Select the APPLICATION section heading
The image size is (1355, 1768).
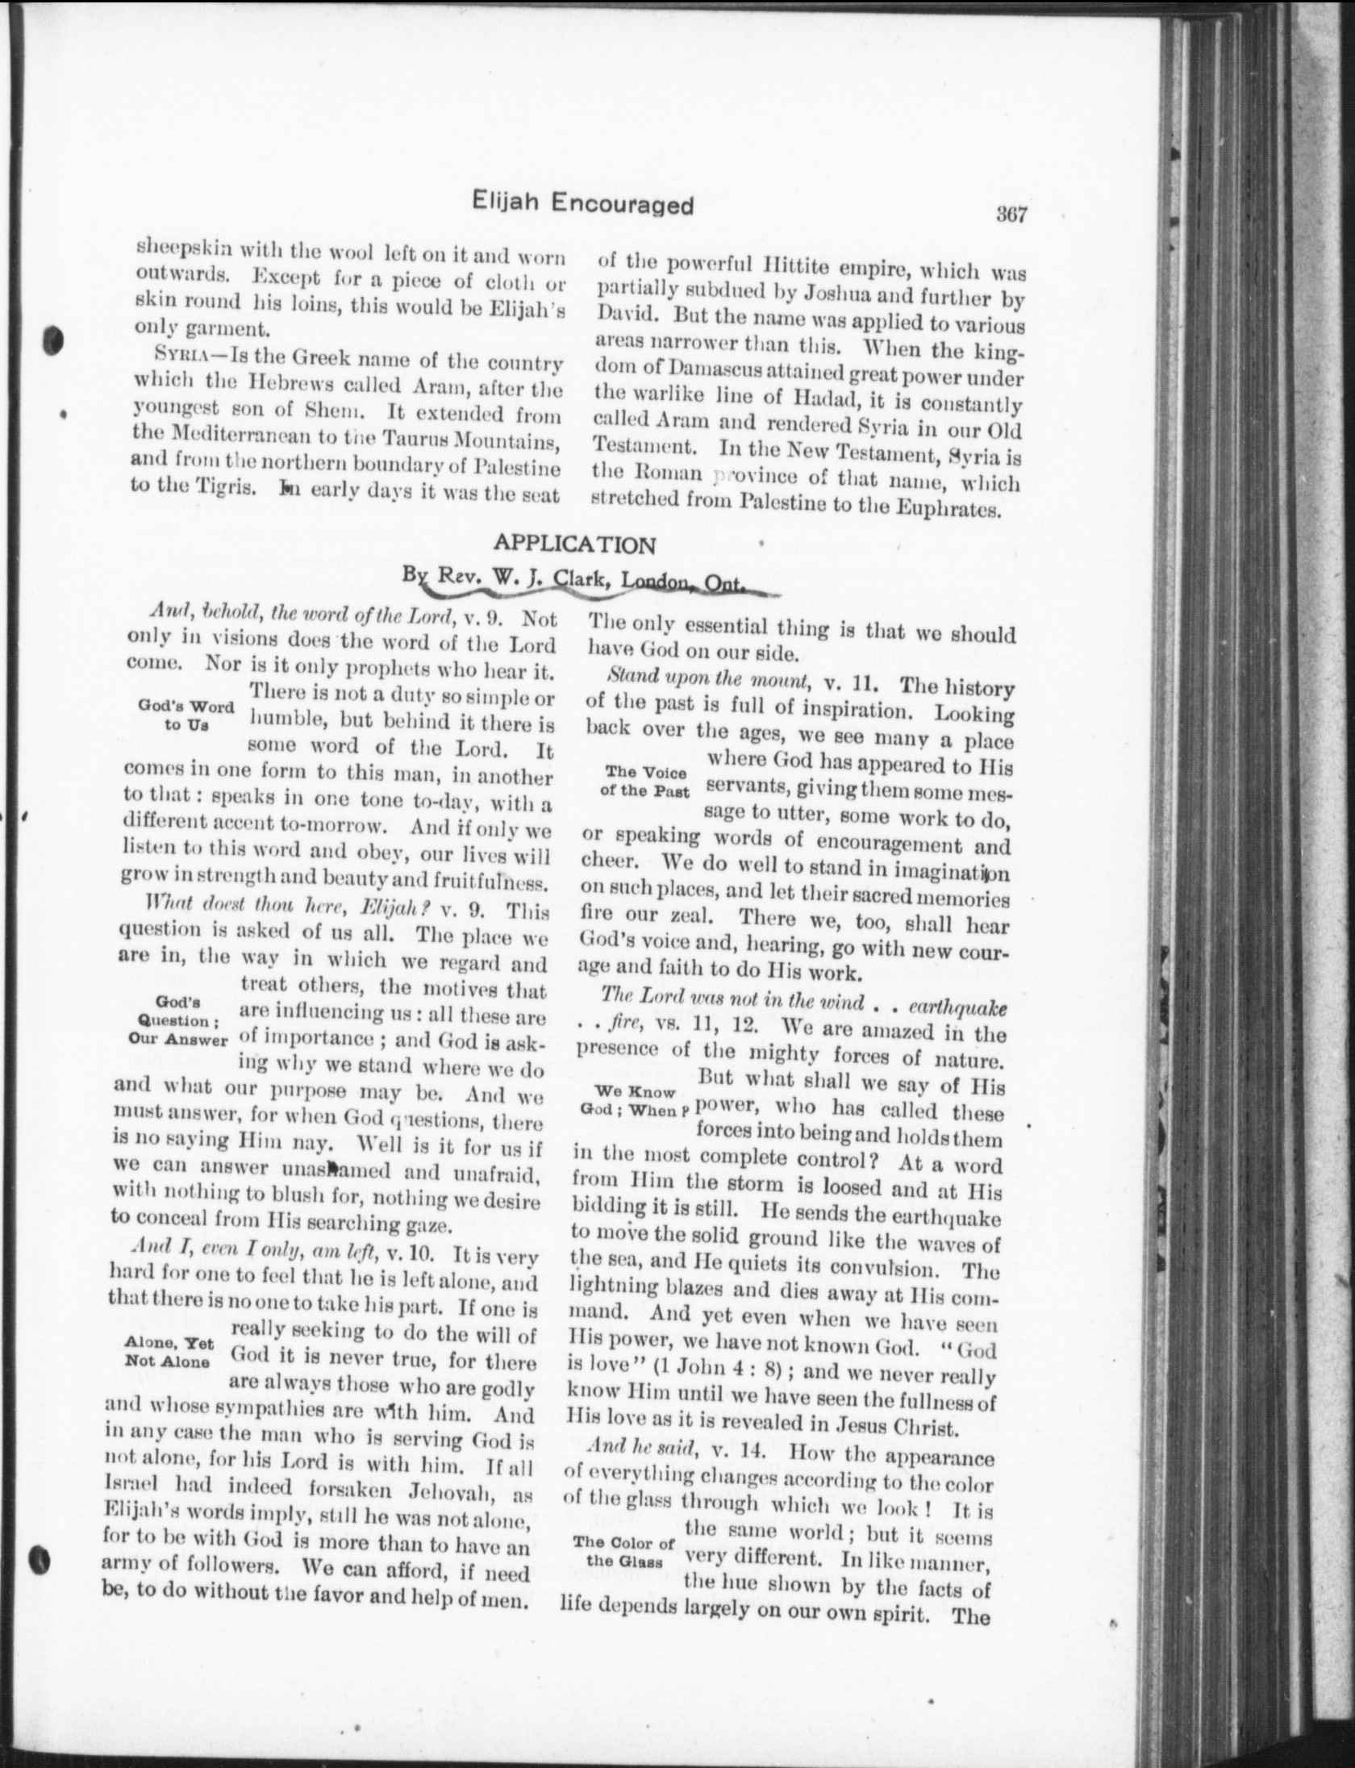[x=574, y=545]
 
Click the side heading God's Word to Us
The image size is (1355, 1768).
[x=186, y=715]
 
